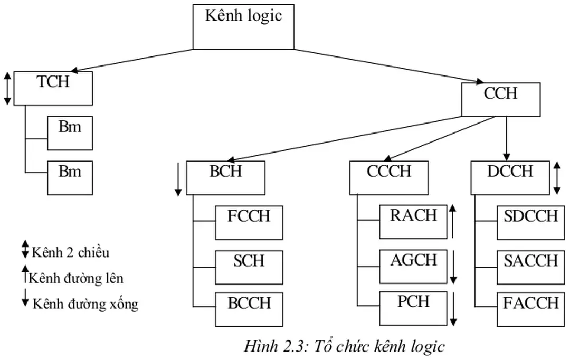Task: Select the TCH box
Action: coord(53,88)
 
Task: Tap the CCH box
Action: coord(501,99)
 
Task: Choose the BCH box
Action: coord(225,178)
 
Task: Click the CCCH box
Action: coord(389,178)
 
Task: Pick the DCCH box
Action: coord(510,178)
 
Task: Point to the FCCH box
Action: coord(249,223)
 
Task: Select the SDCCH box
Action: coord(530,223)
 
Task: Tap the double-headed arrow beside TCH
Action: coord(7,88)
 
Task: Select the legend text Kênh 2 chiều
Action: coord(70,252)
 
